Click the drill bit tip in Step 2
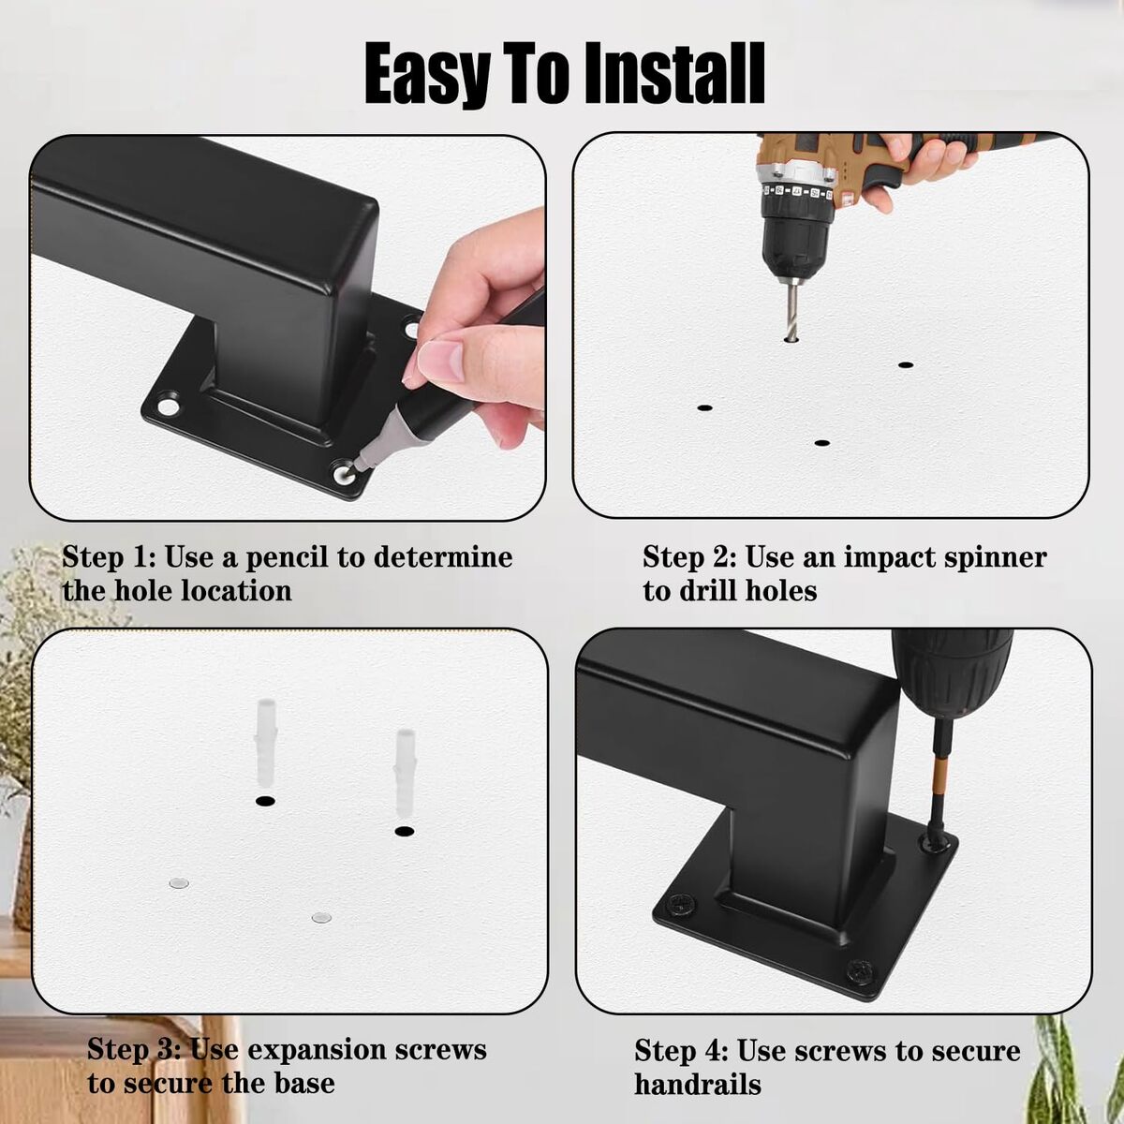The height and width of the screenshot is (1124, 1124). tap(791, 337)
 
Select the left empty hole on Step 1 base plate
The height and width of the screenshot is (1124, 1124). tap(168, 407)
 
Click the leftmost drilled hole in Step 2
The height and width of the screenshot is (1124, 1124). tap(704, 407)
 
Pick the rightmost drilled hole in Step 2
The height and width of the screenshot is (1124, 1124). tap(905, 365)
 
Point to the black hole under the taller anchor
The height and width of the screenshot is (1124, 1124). tap(265, 802)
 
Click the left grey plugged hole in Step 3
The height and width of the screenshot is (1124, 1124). tap(179, 883)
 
